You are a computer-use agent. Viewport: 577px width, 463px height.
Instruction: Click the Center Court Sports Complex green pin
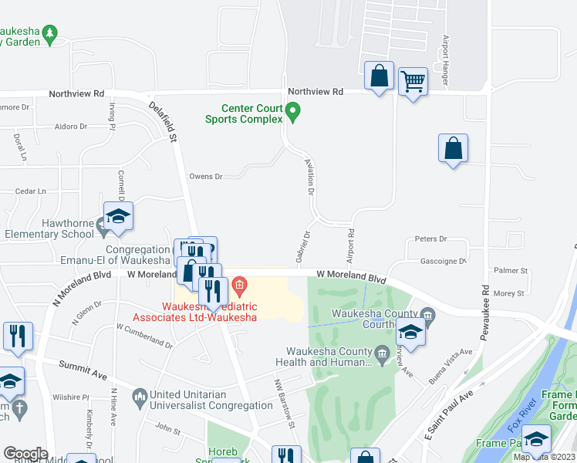tap(292, 113)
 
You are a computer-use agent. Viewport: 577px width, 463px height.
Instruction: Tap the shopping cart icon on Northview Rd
tap(413, 80)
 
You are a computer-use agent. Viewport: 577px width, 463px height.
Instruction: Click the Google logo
tap(25, 454)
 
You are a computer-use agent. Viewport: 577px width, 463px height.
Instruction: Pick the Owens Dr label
tap(206, 177)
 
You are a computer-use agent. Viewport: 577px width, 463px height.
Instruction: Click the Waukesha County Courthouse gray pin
tap(429, 313)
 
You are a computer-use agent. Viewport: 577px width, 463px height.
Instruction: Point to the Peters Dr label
tap(431, 239)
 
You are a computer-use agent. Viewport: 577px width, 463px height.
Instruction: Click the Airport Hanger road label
tap(445, 59)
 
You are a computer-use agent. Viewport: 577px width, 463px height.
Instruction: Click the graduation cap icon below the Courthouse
tap(410, 334)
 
